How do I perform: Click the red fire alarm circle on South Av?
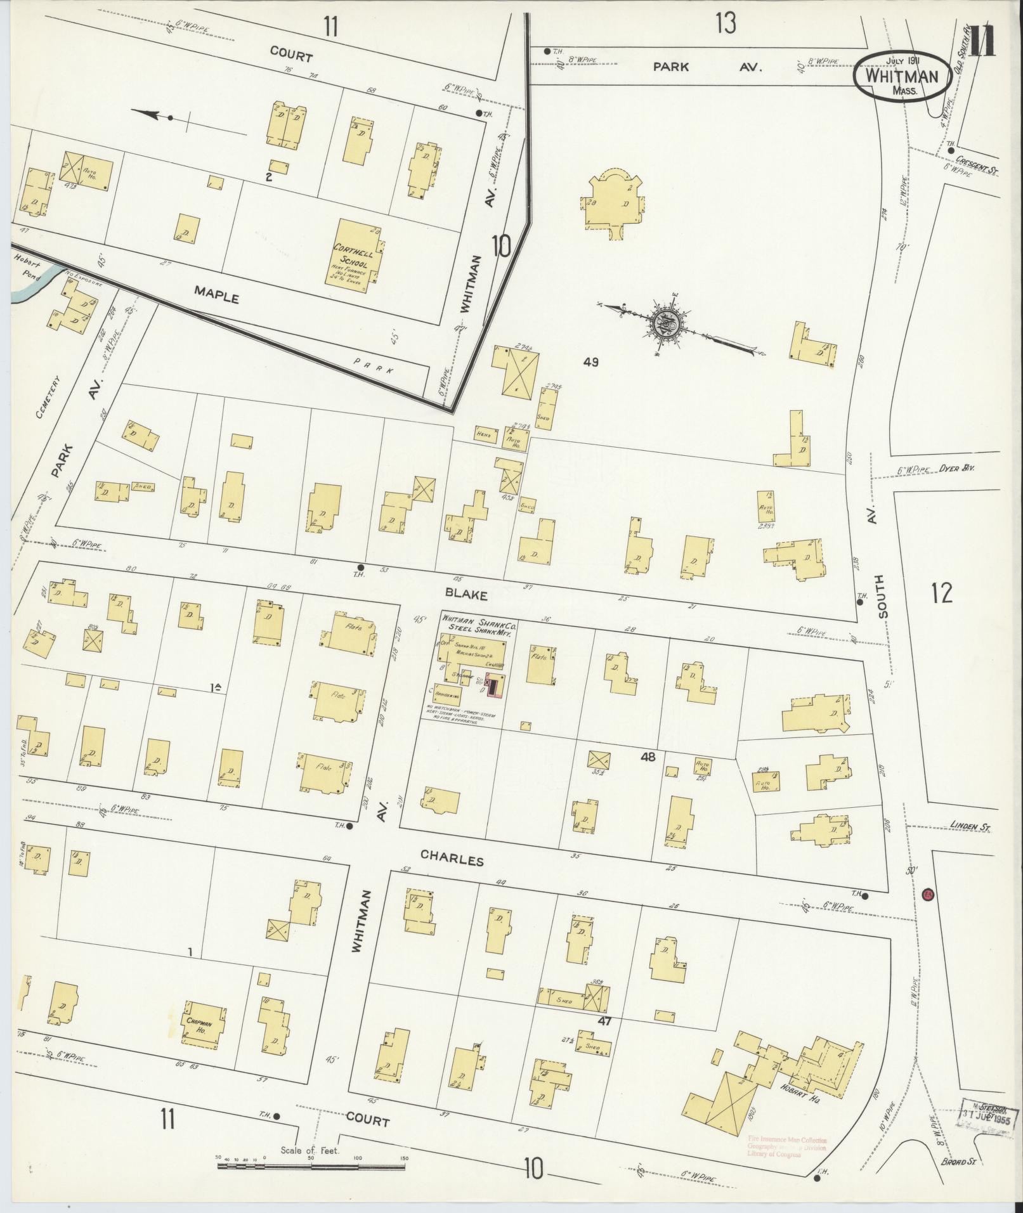(927, 895)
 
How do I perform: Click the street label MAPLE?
(217, 295)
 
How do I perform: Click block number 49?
(591, 363)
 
